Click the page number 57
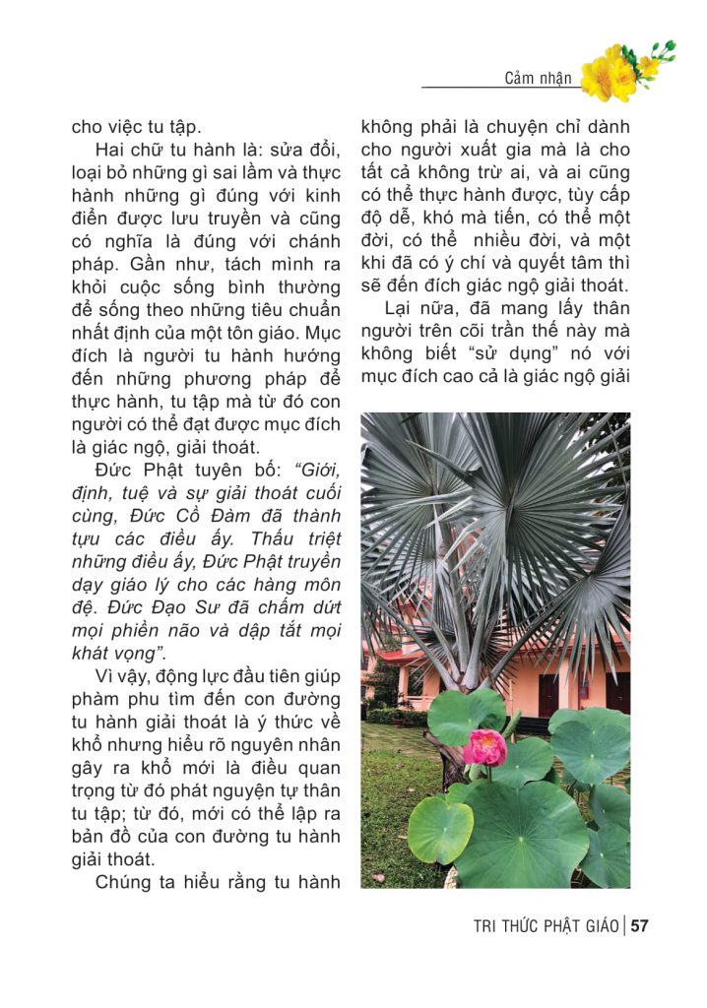point(640,925)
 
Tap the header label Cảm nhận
point(539,78)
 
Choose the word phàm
point(97,700)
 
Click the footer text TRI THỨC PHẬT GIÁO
point(546,926)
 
